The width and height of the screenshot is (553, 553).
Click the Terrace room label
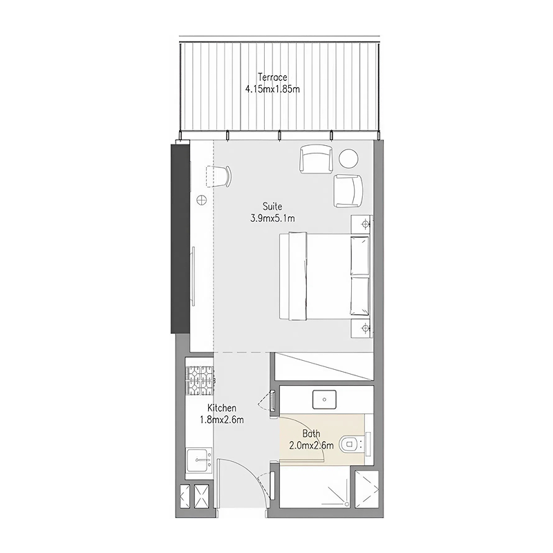(272, 77)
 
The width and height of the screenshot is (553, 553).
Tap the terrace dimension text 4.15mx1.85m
(272, 89)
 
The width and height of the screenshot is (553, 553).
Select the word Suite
(272, 206)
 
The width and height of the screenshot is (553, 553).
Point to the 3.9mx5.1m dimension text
(272, 218)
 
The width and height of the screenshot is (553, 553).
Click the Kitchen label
(221, 408)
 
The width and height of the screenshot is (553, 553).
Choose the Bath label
(311, 433)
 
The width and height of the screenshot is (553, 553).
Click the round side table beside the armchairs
(348, 158)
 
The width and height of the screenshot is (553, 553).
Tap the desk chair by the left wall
(219, 176)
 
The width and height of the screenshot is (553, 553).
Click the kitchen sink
(199, 460)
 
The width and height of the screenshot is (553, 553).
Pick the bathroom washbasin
(324, 400)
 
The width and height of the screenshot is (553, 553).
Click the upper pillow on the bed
(359, 256)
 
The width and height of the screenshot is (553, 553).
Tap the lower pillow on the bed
(359, 296)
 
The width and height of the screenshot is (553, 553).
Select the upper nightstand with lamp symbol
(362, 223)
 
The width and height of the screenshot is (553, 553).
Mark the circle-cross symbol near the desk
(201, 200)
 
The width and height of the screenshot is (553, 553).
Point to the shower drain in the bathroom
(347, 505)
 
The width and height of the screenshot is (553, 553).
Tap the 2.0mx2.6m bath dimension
(311, 446)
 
